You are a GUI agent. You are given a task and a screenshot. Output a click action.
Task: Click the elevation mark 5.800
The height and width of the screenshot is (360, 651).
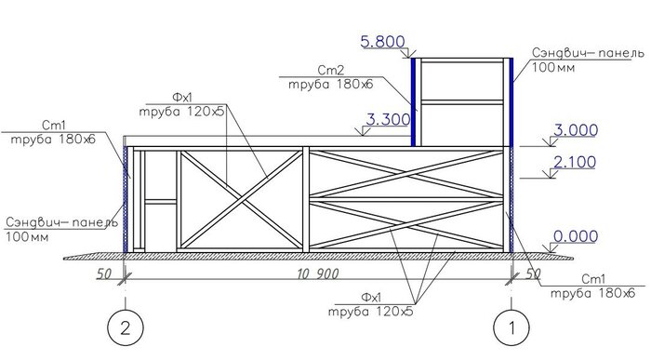(x=382, y=42)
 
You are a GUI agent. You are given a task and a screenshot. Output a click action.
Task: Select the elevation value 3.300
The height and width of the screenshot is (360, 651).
(x=388, y=120)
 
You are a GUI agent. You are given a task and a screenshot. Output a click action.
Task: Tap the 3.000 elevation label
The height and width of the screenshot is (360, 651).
(x=576, y=130)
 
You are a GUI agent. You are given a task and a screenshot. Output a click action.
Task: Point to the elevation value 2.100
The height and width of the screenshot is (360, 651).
(x=575, y=162)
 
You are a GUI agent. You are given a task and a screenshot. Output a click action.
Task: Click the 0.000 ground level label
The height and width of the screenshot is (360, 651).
(x=576, y=236)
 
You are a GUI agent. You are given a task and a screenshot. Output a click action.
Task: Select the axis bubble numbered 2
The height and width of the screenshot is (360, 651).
(x=125, y=328)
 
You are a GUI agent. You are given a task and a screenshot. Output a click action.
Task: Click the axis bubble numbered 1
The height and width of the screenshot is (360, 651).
(x=511, y=328)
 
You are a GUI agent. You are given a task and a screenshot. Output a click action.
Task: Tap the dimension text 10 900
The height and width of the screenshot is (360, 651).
(x=318, y=274)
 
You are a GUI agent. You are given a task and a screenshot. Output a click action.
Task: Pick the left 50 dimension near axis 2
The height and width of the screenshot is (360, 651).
(x=104, y=274)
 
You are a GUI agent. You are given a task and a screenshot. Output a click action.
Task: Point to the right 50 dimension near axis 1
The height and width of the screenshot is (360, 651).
(x=533, y=273)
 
